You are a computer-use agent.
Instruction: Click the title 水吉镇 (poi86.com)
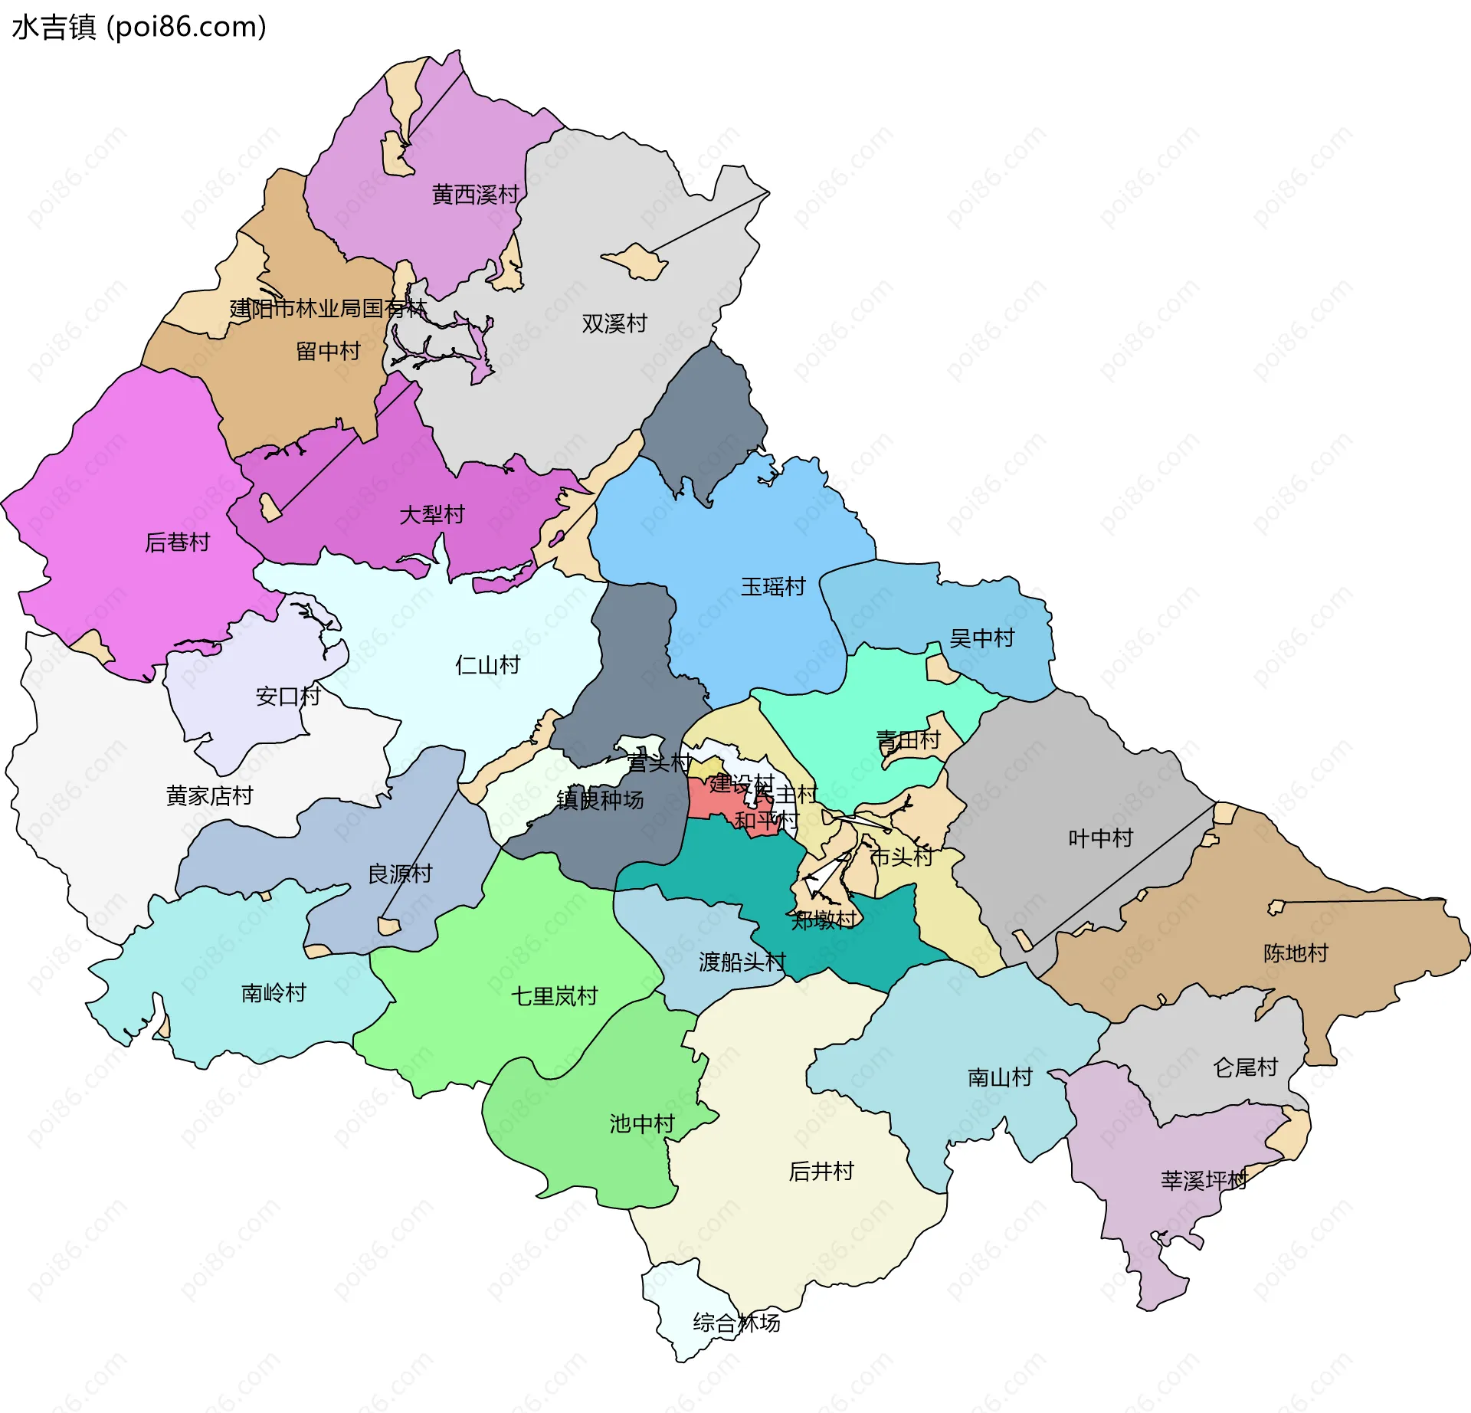(139, 27)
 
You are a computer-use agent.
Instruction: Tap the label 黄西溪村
(475, 195)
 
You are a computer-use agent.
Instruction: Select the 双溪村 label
(614, 323)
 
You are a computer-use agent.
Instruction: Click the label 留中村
(328, 351)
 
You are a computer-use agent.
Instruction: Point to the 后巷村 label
(178, 542)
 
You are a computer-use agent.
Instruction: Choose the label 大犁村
(432, 514)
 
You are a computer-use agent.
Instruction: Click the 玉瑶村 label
(773, 587)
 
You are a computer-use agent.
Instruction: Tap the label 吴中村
(981, 638)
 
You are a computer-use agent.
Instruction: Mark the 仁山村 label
(487, 664)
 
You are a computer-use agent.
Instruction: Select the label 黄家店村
(209, 795)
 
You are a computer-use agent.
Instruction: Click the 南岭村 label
(274, 993)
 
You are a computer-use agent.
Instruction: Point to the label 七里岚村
(554, 996)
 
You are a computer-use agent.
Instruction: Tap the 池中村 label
(642, 1124)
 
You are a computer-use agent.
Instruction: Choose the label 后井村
(821, 1171)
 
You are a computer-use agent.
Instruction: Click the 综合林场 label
(736, 1323)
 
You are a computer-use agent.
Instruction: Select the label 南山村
(1000, 1077)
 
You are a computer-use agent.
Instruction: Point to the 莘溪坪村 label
(1204, 1180)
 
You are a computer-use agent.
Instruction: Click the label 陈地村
(1296, 953)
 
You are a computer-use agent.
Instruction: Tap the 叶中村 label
(1100, 838)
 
